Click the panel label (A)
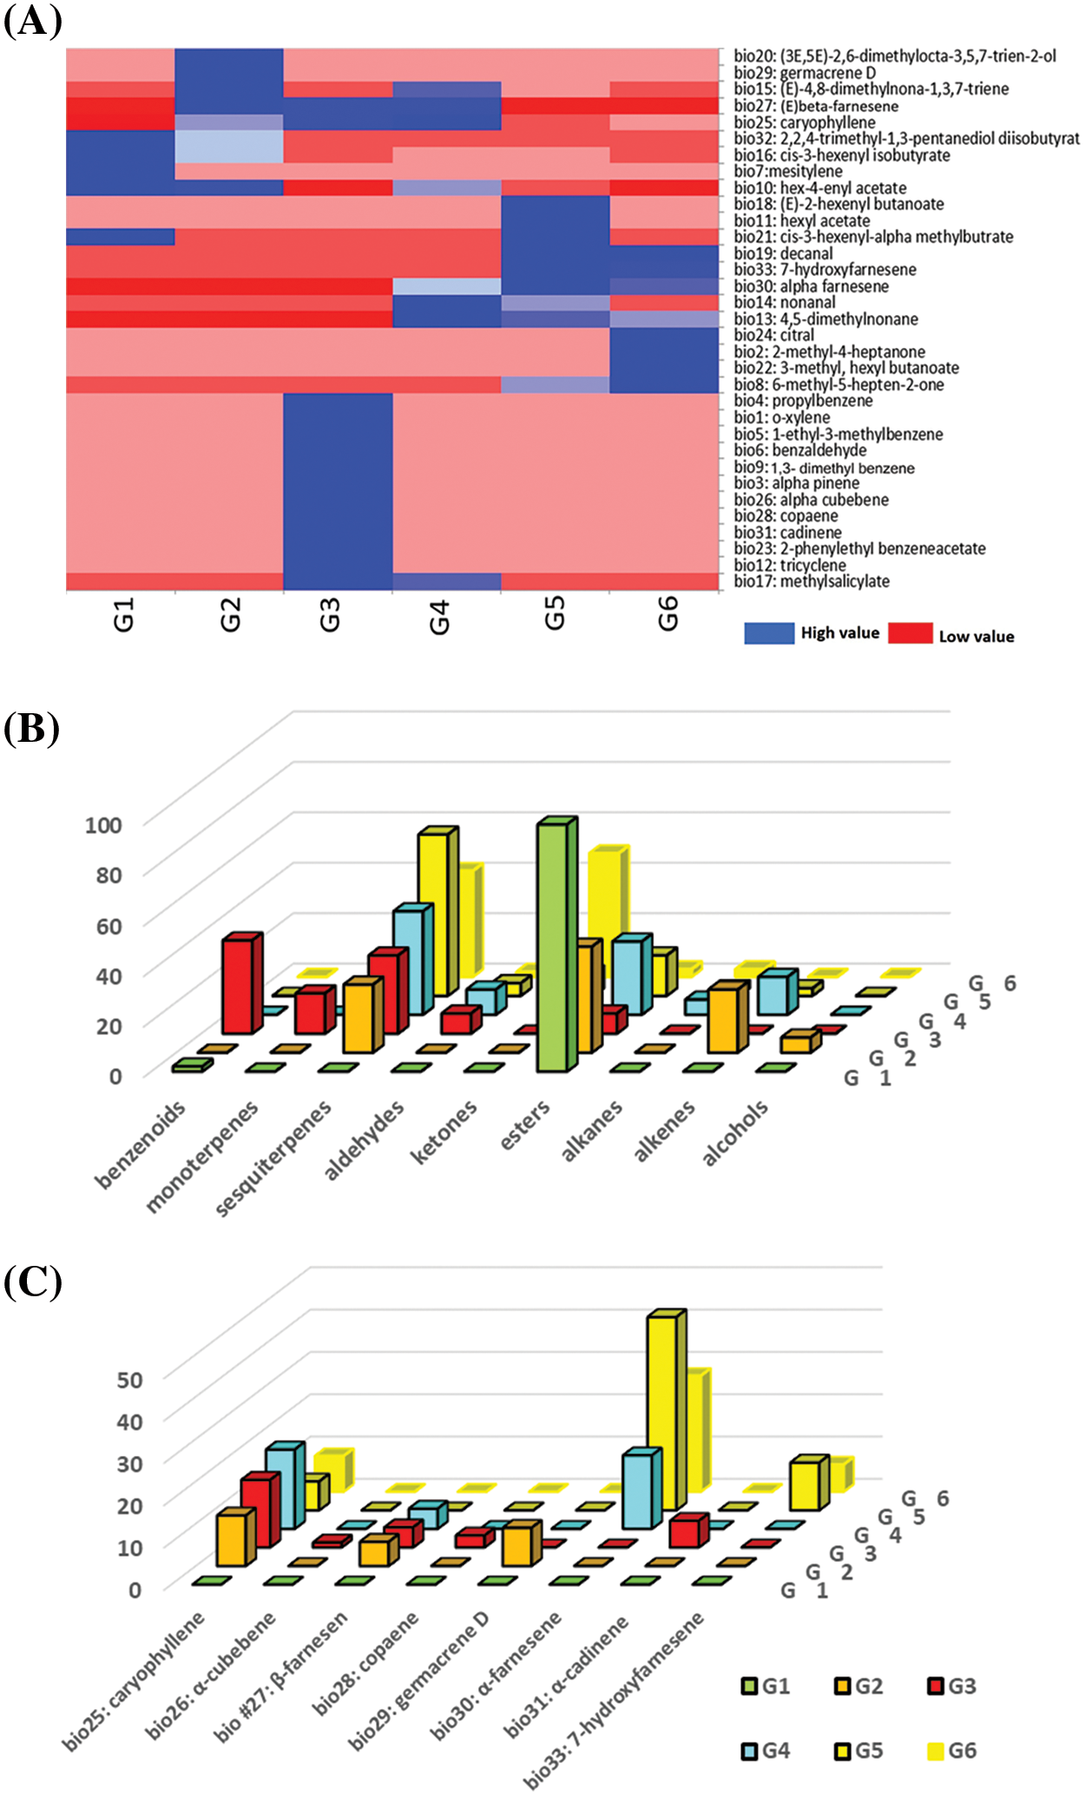pyautogui.click(x=33, y=21)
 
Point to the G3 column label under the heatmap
pyautogui.click(x=330, y=615)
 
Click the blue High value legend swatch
pyautogui.click(x=768, y=633)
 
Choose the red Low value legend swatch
pyautogui.click(x=910, y=633)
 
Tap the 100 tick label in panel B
pyautogui.click(x=103, y=824)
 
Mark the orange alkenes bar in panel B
pyautogui.click(x=724, y=1019)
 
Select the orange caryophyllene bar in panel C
pyautogui.click(x=232, y=1539)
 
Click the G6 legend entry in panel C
pyautogui.click(x=951, y=1751)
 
